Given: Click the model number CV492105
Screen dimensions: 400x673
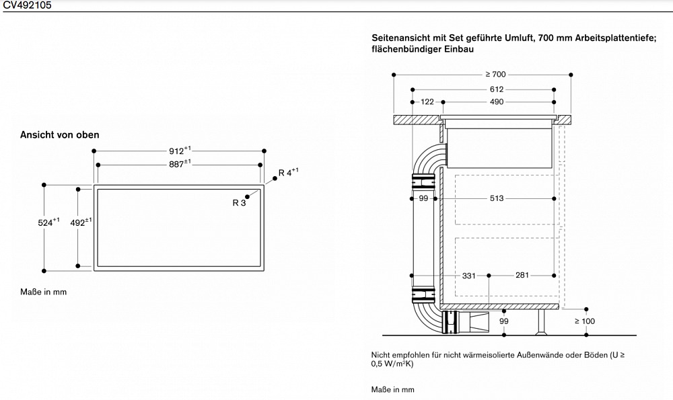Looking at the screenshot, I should [26, 5].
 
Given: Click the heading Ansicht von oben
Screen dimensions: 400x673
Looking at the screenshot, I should [60, 135].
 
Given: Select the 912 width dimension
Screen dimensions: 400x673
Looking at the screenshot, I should [180, 151].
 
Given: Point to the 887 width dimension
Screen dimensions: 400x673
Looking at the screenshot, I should [180, 164].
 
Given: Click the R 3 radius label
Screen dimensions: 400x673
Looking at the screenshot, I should [239, 203].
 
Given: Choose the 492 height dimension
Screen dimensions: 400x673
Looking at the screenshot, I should [81, 222].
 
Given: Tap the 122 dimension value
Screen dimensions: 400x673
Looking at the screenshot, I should [427, 102].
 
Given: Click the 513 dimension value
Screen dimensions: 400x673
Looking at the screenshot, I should [496, 198].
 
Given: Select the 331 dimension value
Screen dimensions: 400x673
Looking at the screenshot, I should [469, 275].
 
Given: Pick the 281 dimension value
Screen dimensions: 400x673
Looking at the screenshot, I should [522, 275].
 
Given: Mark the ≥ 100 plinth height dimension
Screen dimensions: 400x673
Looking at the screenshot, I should [585, 321].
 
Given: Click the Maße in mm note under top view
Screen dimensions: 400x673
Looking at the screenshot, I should [44, 292].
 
